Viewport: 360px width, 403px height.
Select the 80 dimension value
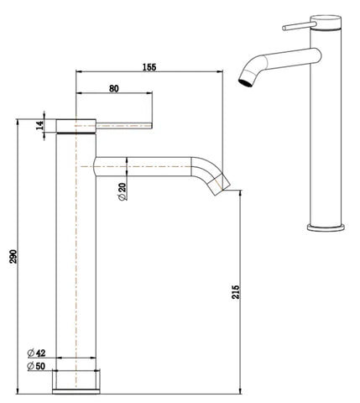(x=113, y=86)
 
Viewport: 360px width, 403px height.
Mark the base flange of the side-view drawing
(x=79, y=380)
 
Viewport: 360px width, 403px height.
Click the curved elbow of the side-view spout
(x=206, y=165)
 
